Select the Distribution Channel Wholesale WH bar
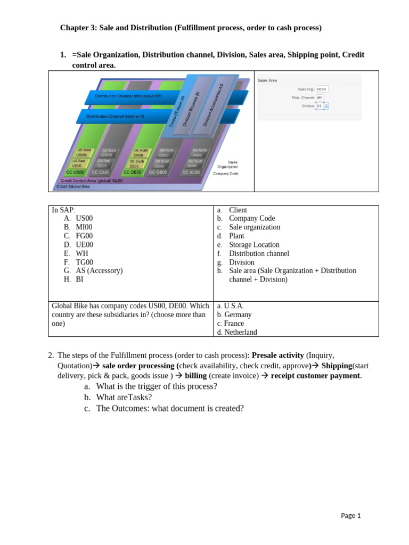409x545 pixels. (128, 96)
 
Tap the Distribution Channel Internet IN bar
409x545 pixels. (116, 116)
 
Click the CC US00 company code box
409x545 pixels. (75, 172)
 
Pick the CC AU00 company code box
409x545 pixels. (191, 172)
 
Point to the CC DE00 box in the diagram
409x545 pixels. (133, 172)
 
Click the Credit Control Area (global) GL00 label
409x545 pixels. (91, 180)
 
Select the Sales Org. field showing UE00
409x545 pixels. (322, 89)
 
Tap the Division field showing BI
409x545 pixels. (320, 106)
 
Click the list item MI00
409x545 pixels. (84, 227)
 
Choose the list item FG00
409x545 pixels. (84, 236)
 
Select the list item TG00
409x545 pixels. (84, 262)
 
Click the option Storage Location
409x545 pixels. (254, 245)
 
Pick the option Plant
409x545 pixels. (236, 236)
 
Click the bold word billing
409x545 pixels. (195, 376)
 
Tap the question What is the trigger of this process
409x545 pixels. (157, 386)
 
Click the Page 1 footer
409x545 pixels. (351, 515)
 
